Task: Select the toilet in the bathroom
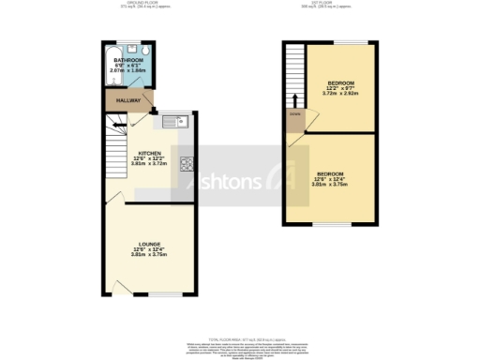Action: click(149, 52)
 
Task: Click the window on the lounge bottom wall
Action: click(165, 293)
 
